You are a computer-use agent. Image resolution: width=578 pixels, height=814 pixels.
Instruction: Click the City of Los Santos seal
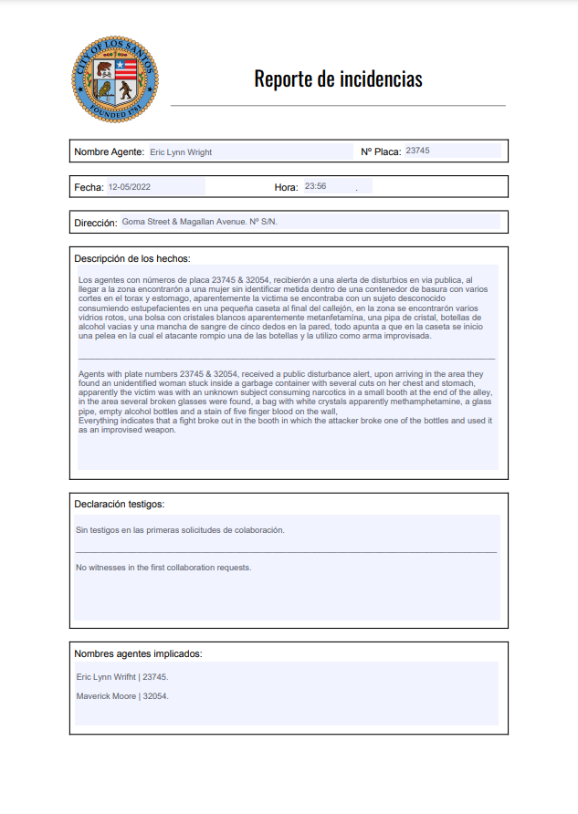tap(115, 79)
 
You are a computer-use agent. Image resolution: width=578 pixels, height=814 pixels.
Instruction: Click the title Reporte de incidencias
tap(338, 78)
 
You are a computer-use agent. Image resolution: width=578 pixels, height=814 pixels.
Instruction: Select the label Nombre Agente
tap(109, 151)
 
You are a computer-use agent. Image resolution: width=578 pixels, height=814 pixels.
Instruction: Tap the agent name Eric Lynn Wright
tap(181, 152)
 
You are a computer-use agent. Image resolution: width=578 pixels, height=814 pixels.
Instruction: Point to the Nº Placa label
tap(381, 151)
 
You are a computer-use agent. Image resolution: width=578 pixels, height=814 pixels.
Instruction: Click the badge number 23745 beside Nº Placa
tap(417, 151)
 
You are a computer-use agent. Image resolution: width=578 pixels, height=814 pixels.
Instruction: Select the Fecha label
tap(89, 187)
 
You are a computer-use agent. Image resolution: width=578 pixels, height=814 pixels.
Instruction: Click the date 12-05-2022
tap(129, 187)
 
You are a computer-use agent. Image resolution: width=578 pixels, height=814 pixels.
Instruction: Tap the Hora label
tap(286, 187)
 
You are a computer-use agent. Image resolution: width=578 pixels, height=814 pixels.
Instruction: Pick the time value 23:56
tap(316, 186)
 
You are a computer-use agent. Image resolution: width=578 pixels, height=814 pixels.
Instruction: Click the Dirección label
tap(95, 223)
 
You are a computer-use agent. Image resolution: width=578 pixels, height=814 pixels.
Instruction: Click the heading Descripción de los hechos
tap(131, 259)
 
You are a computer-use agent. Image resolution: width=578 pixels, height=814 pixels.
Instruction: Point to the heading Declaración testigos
tap(119, 504)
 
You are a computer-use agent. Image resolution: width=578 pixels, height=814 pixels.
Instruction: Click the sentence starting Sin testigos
tap(180, 530)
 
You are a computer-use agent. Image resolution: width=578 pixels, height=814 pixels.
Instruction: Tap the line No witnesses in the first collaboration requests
tap(163, 568)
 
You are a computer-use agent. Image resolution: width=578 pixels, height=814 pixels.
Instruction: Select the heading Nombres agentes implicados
tap(138, 653)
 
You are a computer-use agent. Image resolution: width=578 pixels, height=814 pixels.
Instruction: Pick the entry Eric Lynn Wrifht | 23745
tap(122, 677)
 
